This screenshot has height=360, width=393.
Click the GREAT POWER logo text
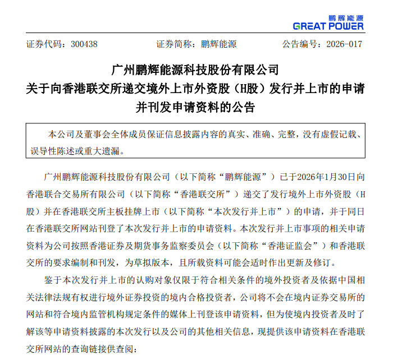point(328,26)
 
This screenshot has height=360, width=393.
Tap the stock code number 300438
point(85,44)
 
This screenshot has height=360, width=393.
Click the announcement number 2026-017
point(343,44)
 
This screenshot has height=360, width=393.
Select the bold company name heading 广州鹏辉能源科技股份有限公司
point(196,71)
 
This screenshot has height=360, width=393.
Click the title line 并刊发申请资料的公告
point(196,107)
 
